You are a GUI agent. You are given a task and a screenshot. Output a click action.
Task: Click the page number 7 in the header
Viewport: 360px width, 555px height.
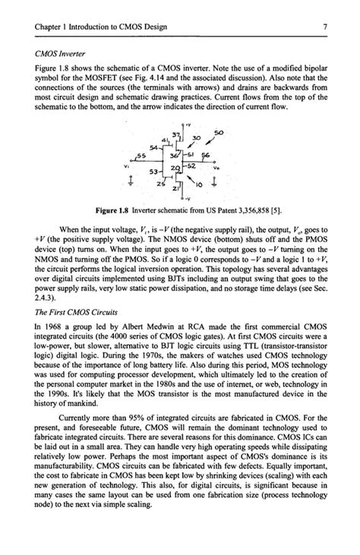(x=324, y=27)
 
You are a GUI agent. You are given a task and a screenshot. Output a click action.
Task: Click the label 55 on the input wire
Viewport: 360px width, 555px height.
(x=140, y=156)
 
